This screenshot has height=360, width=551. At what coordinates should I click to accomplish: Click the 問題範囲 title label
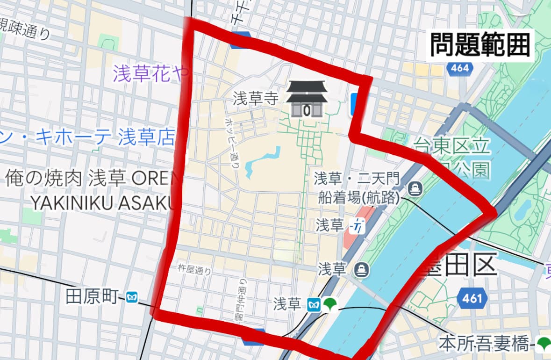479,45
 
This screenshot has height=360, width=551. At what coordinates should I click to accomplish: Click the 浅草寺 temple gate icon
306,99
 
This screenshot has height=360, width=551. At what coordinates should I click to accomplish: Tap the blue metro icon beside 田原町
132,297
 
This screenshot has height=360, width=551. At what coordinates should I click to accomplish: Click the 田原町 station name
92,297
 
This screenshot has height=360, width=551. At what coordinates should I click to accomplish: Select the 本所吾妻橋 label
484,345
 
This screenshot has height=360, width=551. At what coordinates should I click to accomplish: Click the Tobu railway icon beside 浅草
357,226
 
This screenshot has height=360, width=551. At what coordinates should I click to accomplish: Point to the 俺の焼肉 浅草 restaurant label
89,178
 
